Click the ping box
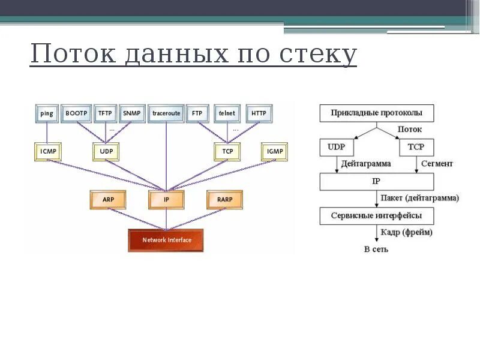(47, 113)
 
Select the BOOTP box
(76, 113)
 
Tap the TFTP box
(105, 113)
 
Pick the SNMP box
(131, 113)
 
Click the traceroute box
(165, 113)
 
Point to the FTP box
(197, 113)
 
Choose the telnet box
(227, 113)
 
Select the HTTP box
(259, 113)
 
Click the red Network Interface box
(166, 241)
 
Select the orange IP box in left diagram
(166, 199)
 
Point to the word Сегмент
(437, 163)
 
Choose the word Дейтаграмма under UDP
(366, 163)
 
